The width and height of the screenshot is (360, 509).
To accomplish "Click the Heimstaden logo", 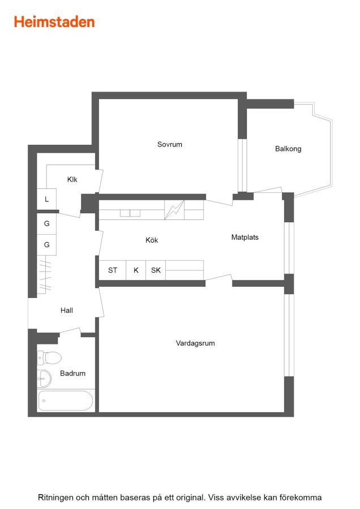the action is click(54, 22).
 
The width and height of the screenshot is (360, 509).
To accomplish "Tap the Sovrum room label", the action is click(170, 144).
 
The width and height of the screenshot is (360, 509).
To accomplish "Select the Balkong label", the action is click(288, 149).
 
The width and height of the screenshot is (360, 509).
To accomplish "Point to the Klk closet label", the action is click(72, 179).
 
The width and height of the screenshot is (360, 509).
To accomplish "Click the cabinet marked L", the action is click(46, 199).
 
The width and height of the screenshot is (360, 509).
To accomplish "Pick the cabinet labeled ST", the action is click(113, 270).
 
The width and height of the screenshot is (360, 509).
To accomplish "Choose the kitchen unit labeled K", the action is click(136, 270).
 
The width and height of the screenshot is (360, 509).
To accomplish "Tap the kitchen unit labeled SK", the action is click(156, 270).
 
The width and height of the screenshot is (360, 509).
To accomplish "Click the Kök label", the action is click(152, 240).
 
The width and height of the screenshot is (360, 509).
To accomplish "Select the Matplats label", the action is click(245, 238).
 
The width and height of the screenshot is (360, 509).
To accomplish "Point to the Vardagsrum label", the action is click(195, 343).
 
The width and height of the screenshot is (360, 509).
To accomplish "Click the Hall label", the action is click(67, 310).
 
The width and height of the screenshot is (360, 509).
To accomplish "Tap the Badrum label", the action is click(73, 373).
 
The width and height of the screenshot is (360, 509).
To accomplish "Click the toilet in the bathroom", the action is click(49, 358).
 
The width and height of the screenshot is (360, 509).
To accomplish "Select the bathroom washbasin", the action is click(44, 378).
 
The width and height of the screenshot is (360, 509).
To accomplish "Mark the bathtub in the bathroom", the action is click(66, 400).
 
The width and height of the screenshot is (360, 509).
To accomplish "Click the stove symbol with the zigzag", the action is click(174, 210).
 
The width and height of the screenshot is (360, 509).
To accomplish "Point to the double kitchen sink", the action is click(130, 213).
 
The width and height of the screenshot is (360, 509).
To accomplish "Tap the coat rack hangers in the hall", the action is click(45, 275).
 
